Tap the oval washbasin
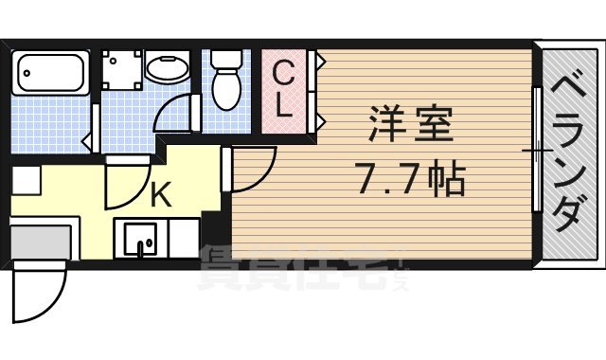point(169,70)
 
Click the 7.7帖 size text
point(411,177)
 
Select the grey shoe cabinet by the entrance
point(40,241)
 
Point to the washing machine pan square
point(123,68)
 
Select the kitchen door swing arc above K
point(125,185)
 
